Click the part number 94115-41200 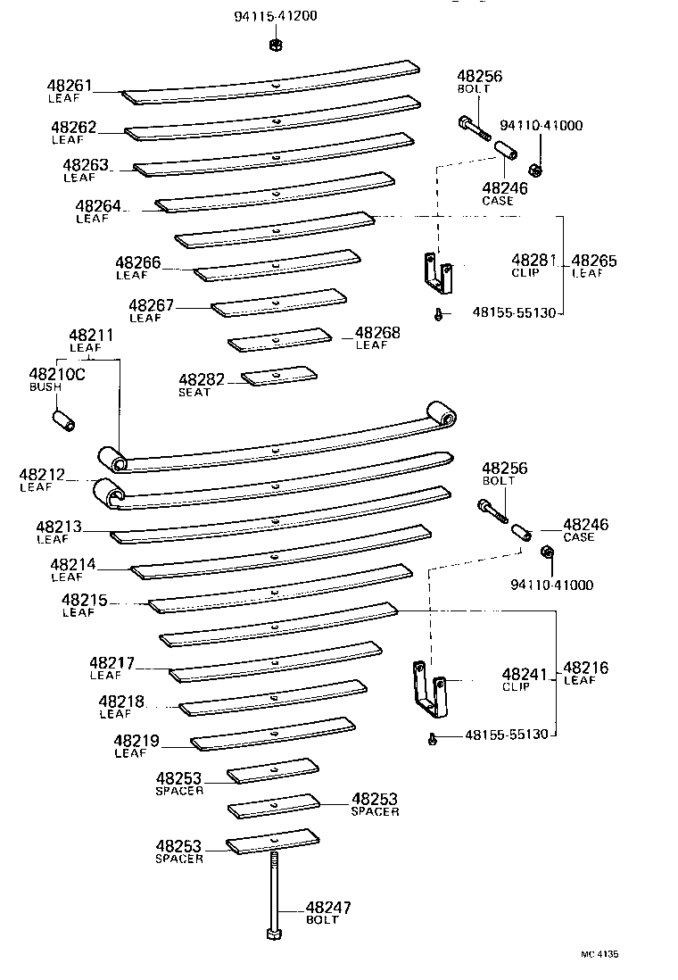click(275, 16)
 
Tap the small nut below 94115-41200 click(276, 42)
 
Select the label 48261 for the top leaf click(70, 86)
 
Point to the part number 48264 click(98, 206)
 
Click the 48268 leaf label click(377, 333)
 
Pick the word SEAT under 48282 click(194, 393)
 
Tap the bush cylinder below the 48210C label click(64, 419)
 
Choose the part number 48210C click(56, 375)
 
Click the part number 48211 click(91, 336)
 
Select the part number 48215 click(85, 601)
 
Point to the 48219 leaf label click(136, 741)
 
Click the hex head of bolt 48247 click(274, 934)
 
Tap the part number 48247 click(328, 908)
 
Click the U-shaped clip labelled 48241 click(427, 688)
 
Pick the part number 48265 click(593, 262)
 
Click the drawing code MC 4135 click(599, 954)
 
